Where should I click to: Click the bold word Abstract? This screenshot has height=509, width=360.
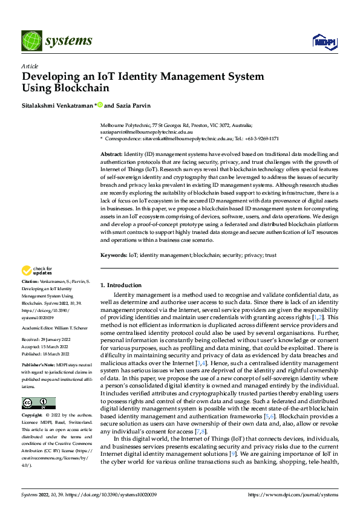tap(111, 155)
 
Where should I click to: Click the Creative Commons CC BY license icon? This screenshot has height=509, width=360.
tap(38, 403)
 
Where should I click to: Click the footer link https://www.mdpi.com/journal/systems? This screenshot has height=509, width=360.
tap(293, 496)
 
